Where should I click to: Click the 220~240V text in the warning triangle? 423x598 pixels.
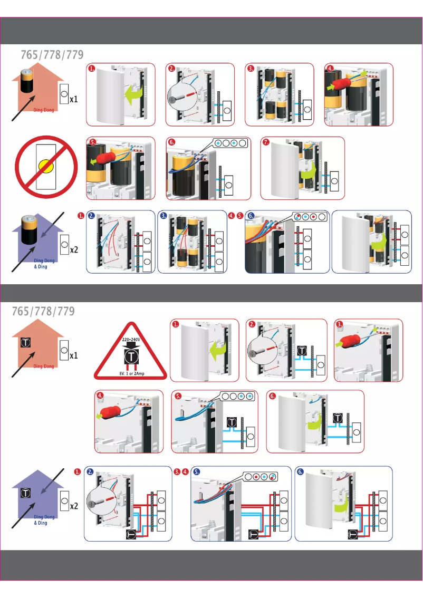(x=130, y=340)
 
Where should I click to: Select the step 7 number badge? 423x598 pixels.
(x=266, y=142)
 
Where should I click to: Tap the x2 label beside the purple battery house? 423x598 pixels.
(x=74, y=249)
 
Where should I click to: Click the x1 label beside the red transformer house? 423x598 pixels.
(x=74, y=355)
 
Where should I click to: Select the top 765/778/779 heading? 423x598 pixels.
(x=52, y=55)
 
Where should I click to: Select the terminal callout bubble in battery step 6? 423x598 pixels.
(x=230, y=143)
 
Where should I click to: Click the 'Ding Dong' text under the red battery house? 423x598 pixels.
(x=43, y=111)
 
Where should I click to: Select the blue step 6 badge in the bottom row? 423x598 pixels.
(x=300, y=472)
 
